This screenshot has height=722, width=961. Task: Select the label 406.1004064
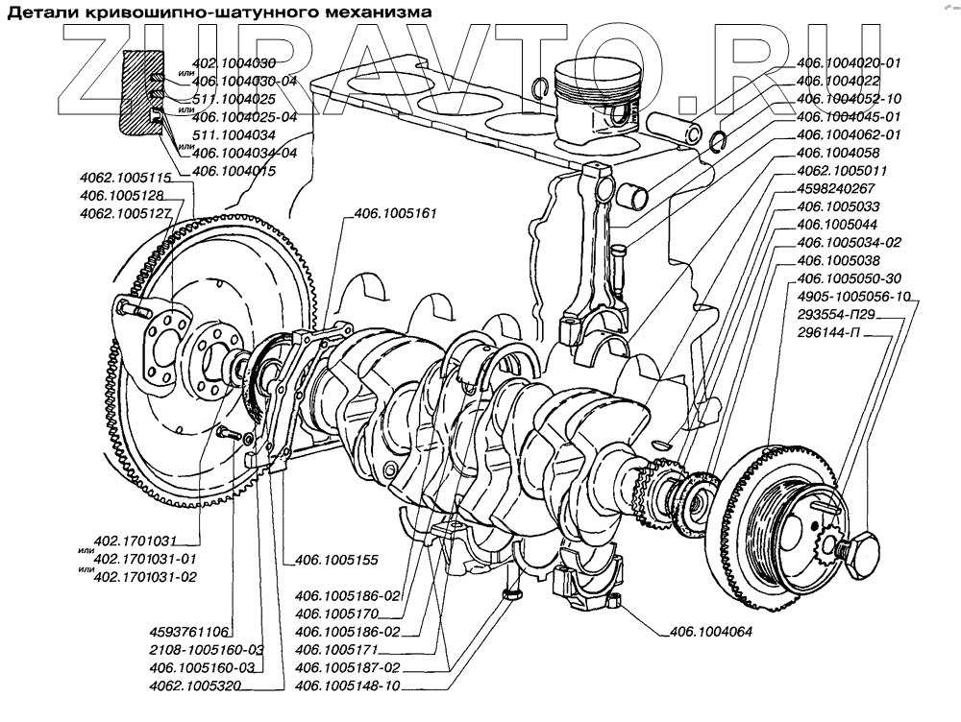707,632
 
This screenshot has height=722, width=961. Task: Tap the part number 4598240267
835,188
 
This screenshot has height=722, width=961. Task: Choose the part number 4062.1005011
834,171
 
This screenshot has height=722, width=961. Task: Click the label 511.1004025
234,99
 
